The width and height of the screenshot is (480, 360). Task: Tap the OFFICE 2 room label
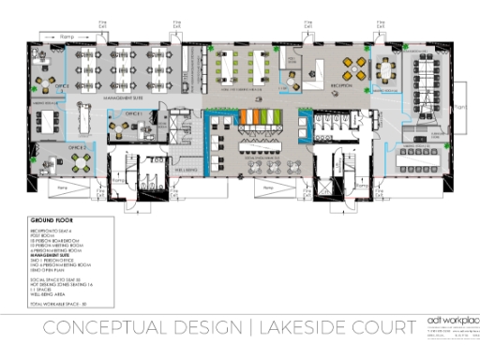tap(77, 146)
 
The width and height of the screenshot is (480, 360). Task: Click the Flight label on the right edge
tap(459, 109)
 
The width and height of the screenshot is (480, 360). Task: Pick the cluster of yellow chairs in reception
tap(356, 66)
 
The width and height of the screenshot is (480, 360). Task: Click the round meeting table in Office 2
tap(82, 162)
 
